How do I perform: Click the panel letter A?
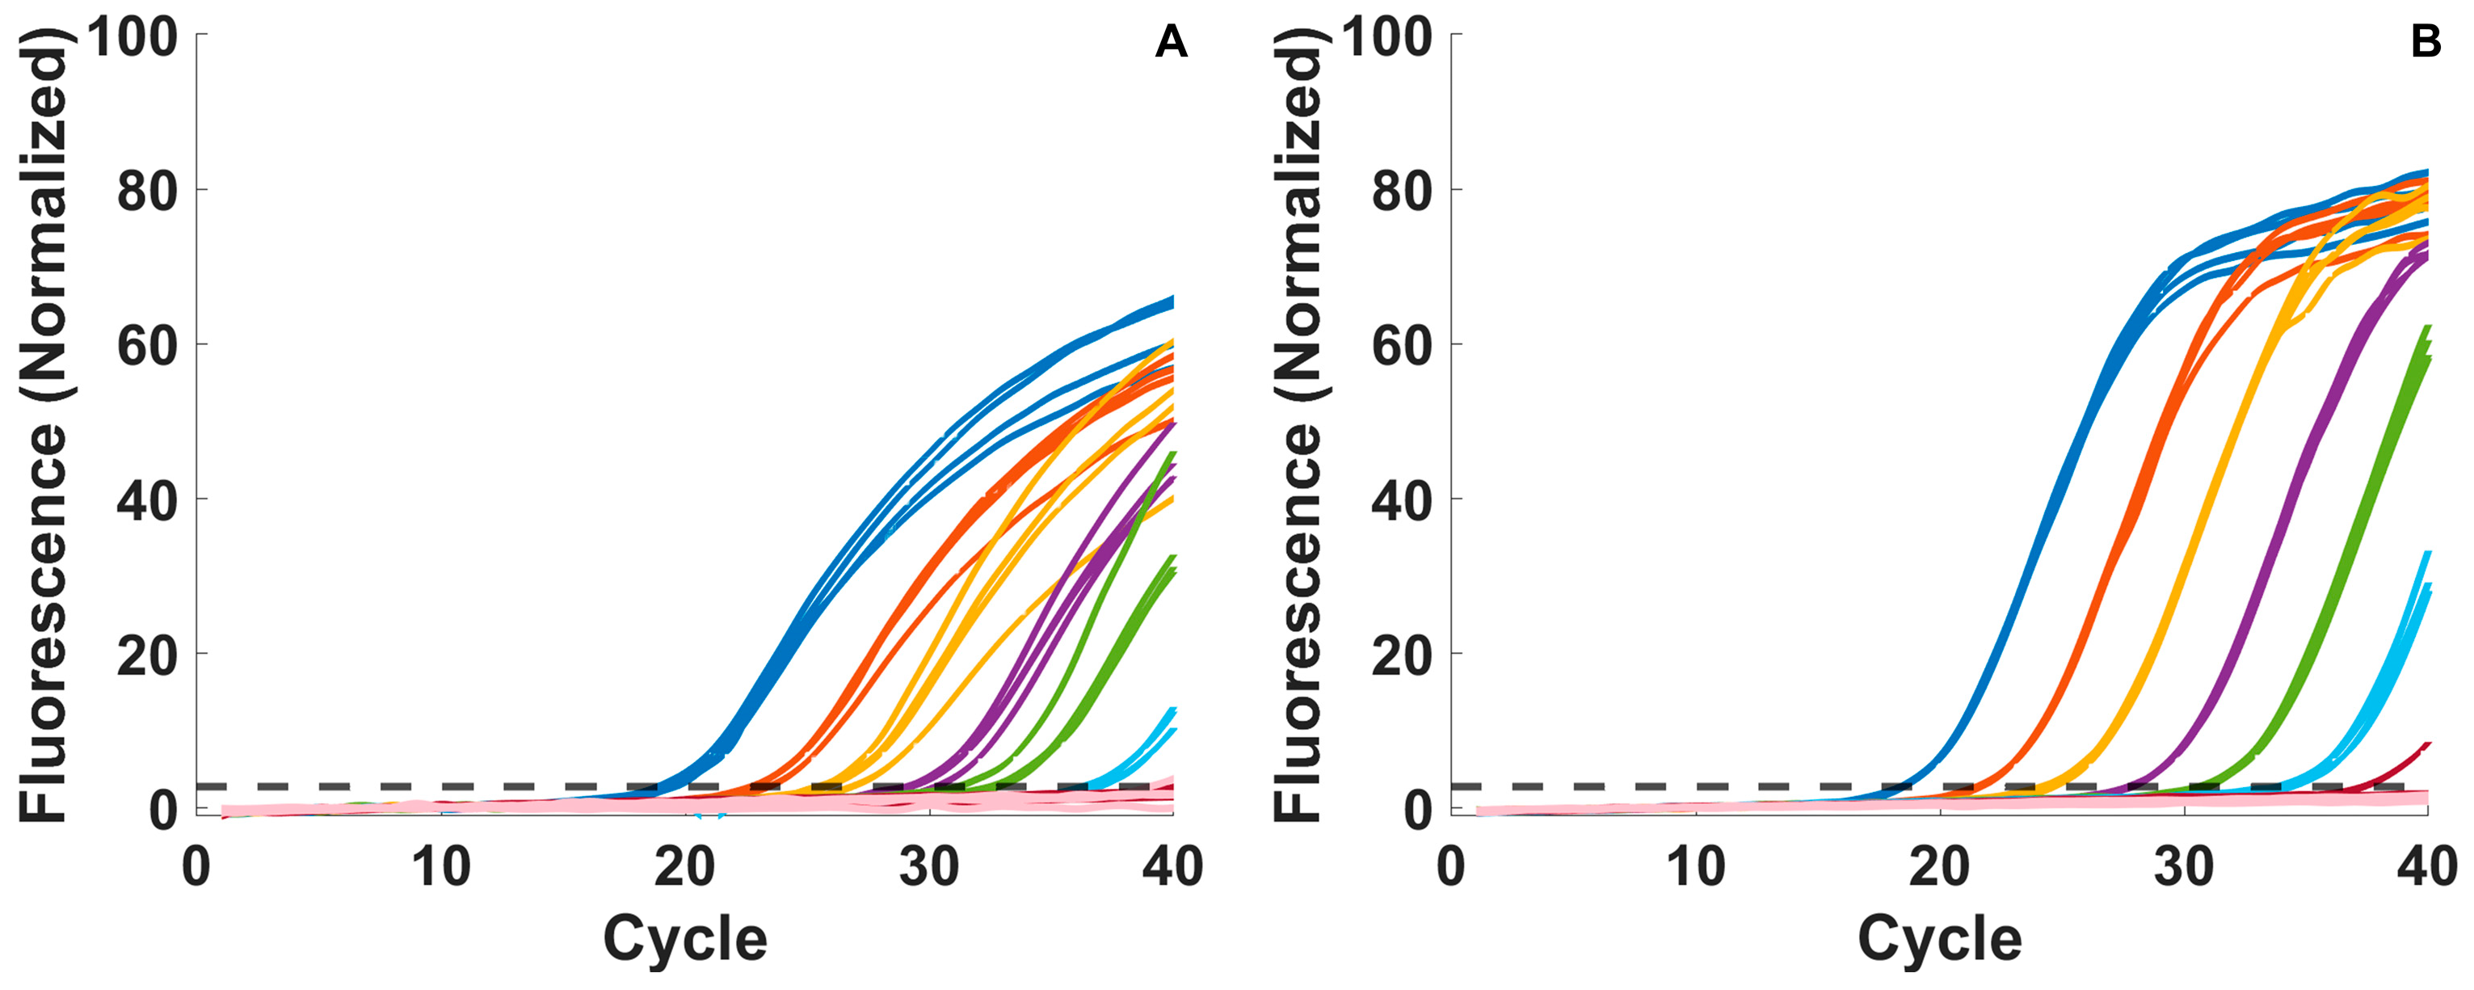click(1171, 43)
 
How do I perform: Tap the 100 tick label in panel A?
click(133, 39)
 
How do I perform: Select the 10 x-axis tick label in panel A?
click(441, 868)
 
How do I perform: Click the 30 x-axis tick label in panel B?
click(2184, 868)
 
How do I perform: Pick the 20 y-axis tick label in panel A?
click(147, 656)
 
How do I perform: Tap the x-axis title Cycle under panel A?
click(685, 939)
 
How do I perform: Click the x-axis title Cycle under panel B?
click(1939, 939)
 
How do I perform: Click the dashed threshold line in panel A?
click(480, 786)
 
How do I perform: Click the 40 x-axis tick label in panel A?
click(1172, 868)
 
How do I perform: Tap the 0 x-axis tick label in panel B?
click(1450, 868)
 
